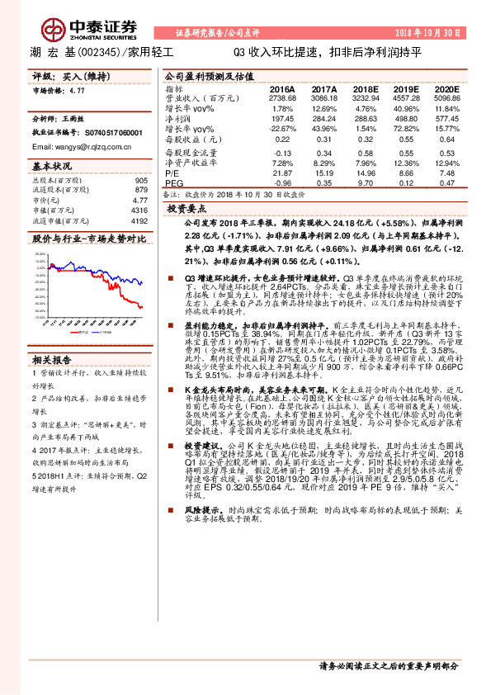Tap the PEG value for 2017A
click(x=324, y=183)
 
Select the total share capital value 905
click(x=141, y=181)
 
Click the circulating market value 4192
click(x=139, y=221)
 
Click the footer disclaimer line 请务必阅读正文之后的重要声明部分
click(x=388, y=665)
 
